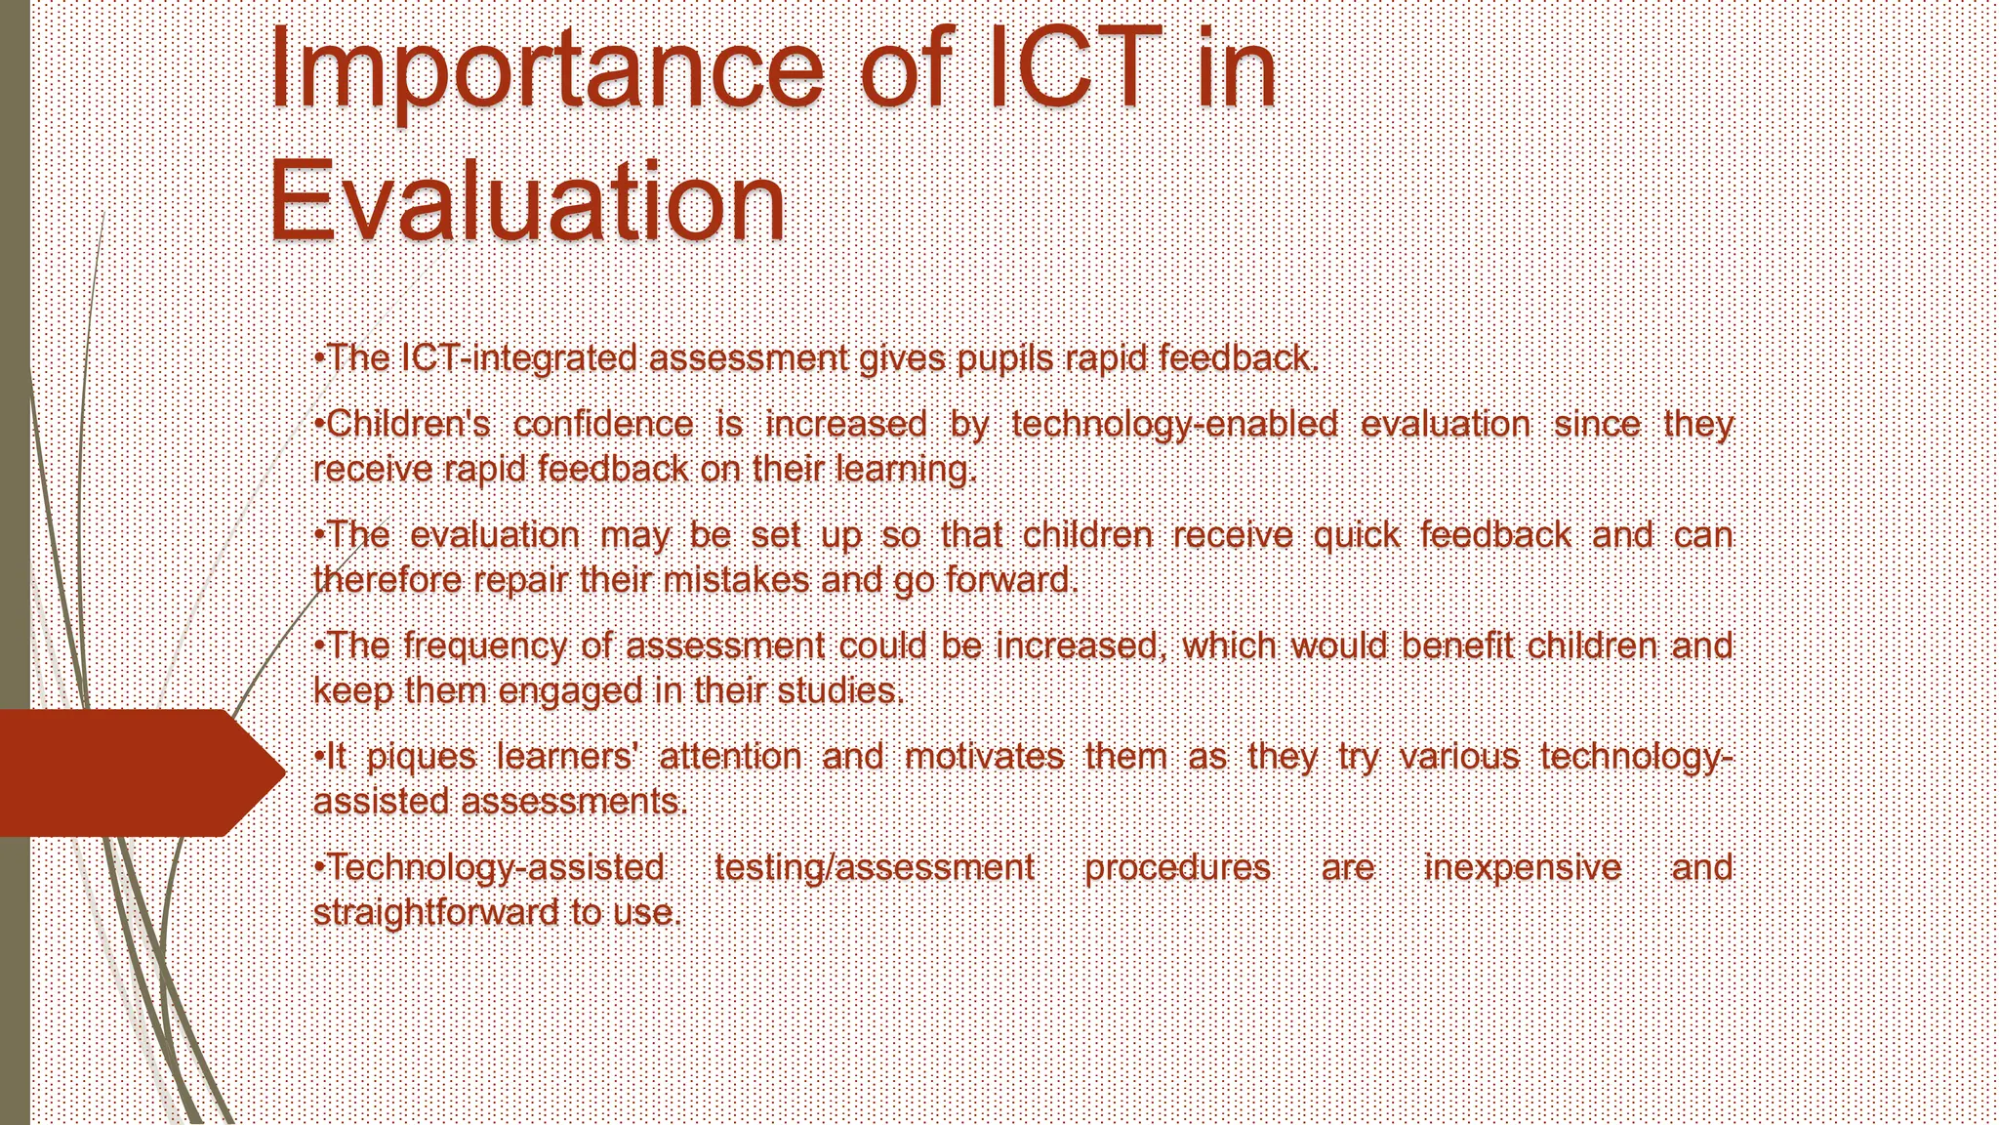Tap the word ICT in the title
click(1074, 68)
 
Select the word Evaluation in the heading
click(527, 203)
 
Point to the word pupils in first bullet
click(1004, 358)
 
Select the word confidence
click(602, 424)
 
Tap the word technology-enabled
click(1174, 424)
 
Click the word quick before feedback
click(1356, 535)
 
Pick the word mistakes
click(735, 580)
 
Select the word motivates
click(984, 757)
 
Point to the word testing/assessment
click(874, 867)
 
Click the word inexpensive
click(1522, 867)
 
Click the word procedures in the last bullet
click(1176, 867)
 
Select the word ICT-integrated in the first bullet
click(518, 358)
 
